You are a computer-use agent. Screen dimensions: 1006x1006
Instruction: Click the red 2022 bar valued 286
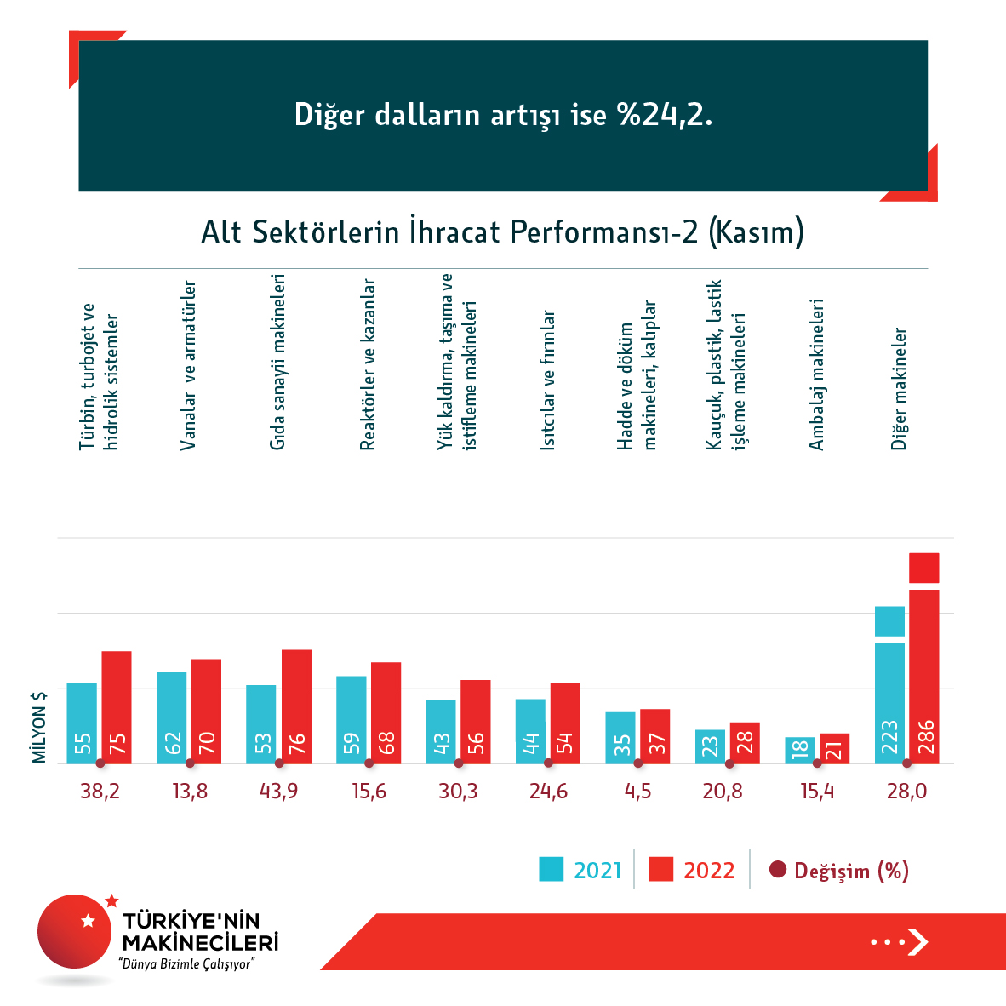coord(924,672)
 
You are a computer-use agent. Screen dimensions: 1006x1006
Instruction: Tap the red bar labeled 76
coord(296,706)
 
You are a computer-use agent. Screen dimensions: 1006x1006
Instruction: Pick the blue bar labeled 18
coord(799,750)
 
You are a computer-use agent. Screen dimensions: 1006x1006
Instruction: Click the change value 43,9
coord(279,792)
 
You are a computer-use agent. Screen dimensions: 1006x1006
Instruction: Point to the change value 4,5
coord(637,792)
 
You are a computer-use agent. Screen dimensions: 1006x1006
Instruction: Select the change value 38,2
coord(100,792)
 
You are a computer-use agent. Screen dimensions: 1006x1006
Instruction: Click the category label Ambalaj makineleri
coord(817,374)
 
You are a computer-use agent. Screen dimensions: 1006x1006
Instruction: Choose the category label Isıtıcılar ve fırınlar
coord(549,380)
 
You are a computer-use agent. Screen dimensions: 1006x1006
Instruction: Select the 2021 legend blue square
coord(552,869)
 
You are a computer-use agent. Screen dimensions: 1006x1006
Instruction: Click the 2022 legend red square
coord(660,869)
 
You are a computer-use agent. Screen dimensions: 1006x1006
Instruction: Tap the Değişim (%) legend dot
coord(777,870)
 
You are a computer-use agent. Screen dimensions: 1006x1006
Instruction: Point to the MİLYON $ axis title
coord(39,727)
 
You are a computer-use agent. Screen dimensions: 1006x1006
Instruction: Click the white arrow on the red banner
coord(917,941)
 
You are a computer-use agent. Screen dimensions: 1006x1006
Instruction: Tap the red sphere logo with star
coord(75,931)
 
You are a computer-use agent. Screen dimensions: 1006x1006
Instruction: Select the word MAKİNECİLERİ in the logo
coord(201,943)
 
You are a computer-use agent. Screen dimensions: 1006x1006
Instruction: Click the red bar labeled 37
coord(655,736)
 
